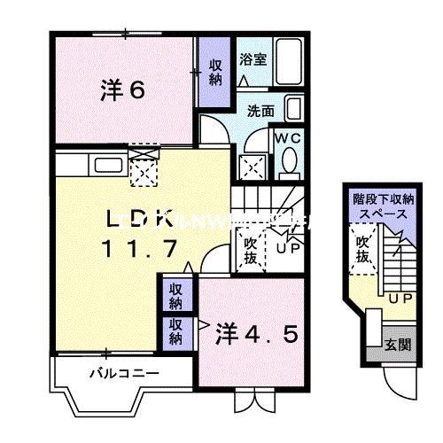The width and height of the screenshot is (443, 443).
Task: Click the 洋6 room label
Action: (122, 90)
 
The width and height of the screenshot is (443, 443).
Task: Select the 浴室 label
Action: (253, 59)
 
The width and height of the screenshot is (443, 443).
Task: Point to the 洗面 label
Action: (259, 113)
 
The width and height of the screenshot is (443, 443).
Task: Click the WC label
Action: (287, 138)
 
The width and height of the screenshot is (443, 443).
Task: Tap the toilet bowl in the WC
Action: (288, 161)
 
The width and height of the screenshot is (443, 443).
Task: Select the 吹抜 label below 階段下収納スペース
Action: (363, 249)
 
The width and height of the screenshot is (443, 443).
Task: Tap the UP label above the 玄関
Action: (399, 299)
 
